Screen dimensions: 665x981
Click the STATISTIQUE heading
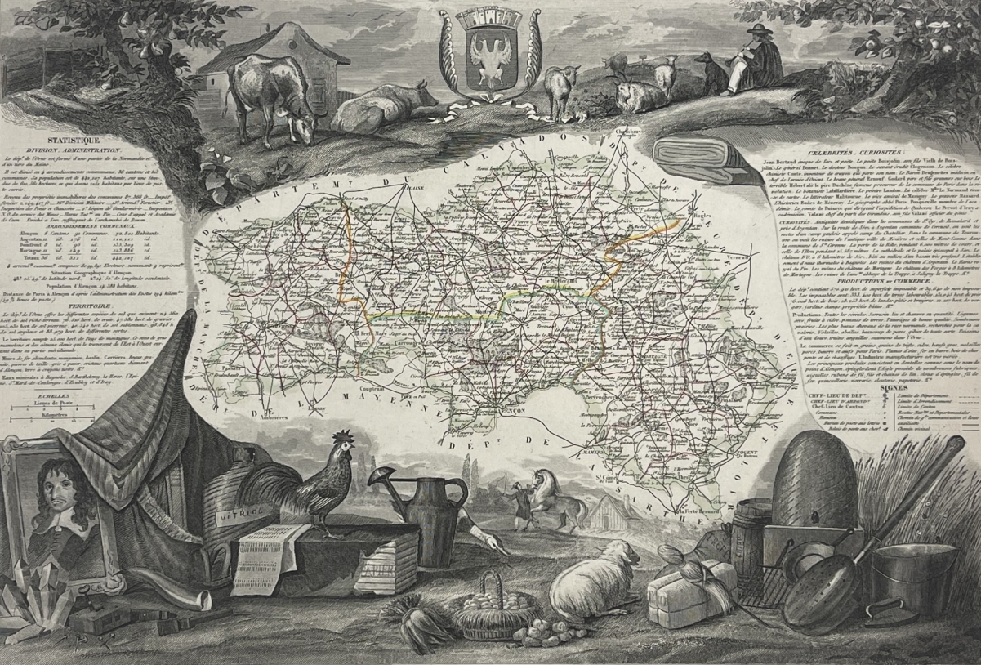(x=73, y=141)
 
